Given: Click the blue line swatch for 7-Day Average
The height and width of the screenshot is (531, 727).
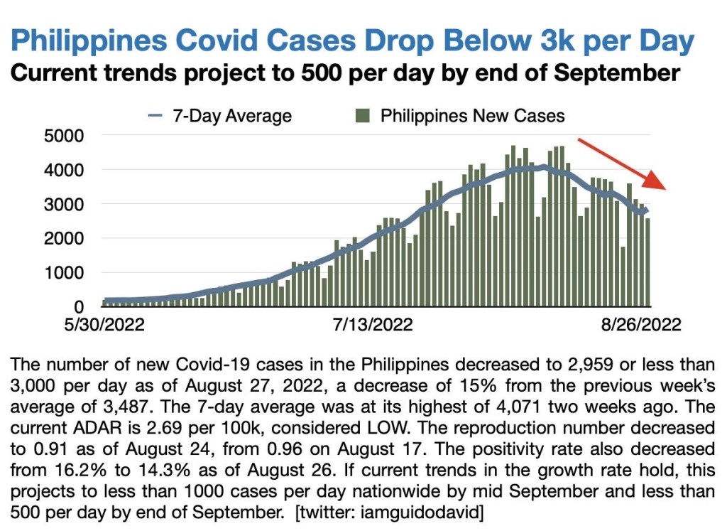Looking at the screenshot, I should (157, 116).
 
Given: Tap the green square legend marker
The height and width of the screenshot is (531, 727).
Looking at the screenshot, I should (363, 116).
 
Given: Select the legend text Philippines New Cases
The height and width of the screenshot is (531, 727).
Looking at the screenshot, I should (472, 116).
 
